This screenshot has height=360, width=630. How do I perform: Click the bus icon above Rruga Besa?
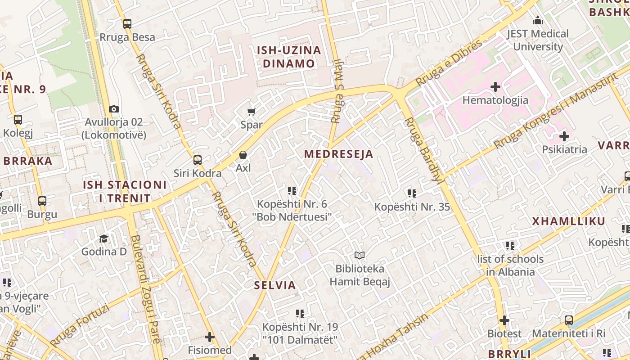(x=127, y=24)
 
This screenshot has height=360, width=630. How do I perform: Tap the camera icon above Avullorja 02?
(x=114, y=109)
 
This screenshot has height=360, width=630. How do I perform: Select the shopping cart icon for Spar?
(x=251, y=112)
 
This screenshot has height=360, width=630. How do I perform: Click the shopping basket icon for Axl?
(x=243, y=155)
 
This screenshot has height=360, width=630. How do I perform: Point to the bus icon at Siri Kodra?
(x=197, y=160)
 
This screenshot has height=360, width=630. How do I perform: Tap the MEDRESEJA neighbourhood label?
(x=338, y=154)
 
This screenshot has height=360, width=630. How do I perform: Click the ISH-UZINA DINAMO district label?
(x=289, y=57)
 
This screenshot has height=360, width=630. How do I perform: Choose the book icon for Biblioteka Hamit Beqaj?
(x=359, y=256)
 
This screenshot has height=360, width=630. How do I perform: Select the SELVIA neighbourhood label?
(x=275, y=285)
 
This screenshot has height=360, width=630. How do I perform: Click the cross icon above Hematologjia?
(x=495, y=86)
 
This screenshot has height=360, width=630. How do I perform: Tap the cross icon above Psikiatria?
(x=564, y=136)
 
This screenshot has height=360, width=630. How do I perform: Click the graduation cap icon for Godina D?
(x=104, y=238)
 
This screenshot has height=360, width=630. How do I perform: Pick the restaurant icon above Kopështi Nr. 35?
(x=412, y=193)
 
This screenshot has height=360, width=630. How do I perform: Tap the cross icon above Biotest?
(x=504, y=320)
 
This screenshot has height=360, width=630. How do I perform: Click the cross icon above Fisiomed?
(x=209, y=337)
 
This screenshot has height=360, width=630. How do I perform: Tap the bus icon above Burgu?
(x=42, y=201)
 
